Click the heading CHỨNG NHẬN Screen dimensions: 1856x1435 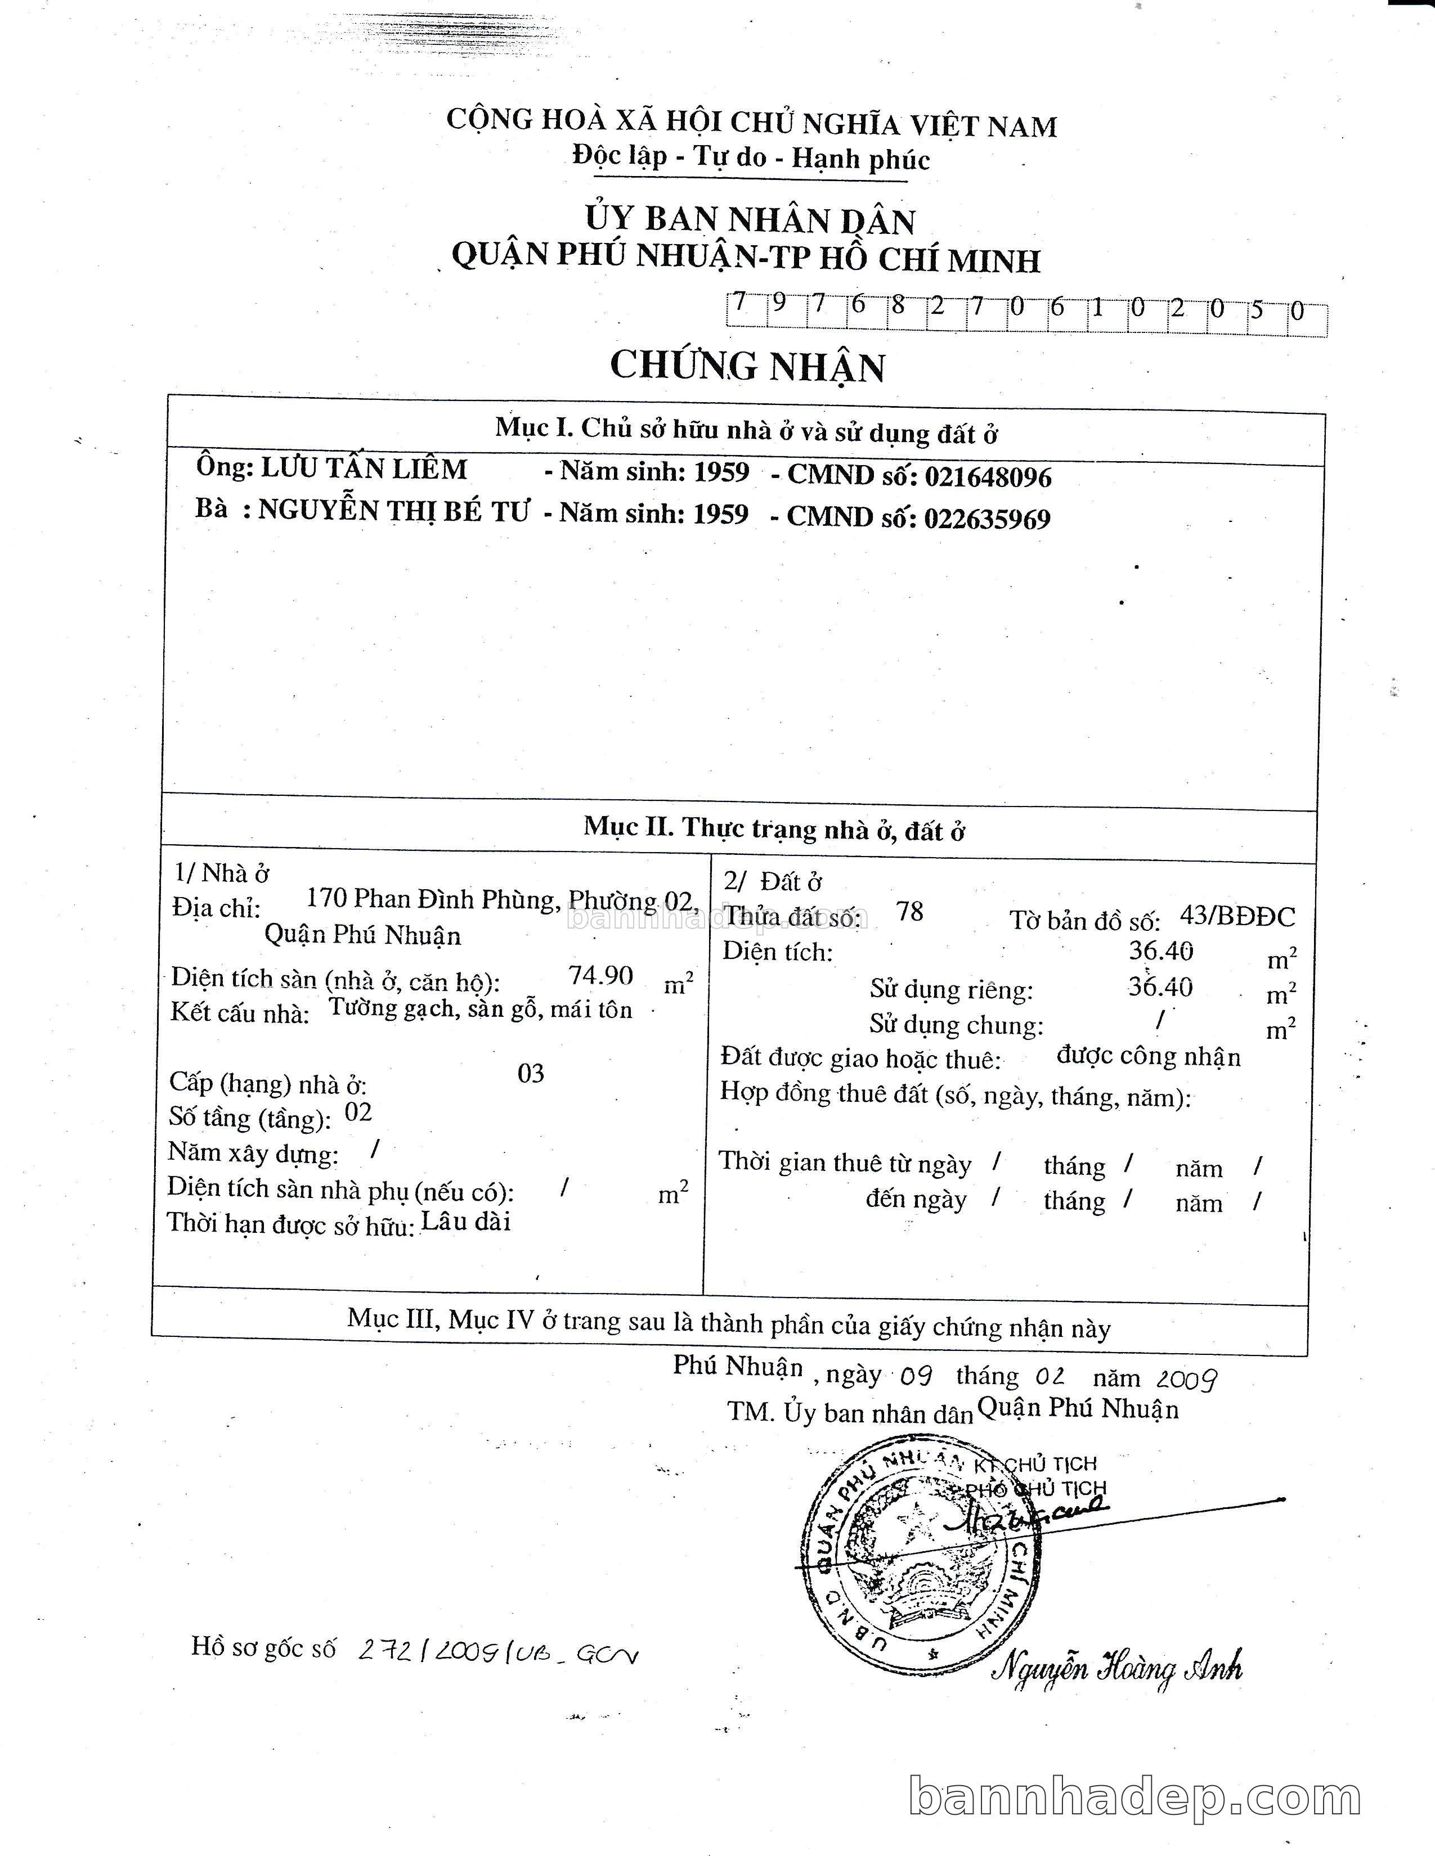click(747, 366)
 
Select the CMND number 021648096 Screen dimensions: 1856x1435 click(988, 477)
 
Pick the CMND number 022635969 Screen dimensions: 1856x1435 click(987, 519)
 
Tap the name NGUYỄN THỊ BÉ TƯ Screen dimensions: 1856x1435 click(393, 510)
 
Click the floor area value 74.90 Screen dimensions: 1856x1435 click(601, 975)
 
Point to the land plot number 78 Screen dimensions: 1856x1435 click(909, 911)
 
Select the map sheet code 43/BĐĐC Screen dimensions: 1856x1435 click(1237, 916)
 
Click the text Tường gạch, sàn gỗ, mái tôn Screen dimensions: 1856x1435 click(481, 1009)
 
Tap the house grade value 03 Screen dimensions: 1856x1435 click(531, 1073)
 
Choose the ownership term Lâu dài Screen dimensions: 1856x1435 click(467, 1221)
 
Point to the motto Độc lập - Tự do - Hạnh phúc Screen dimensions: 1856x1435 click(751, 158)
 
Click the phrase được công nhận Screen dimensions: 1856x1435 click(1149, 1056)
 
